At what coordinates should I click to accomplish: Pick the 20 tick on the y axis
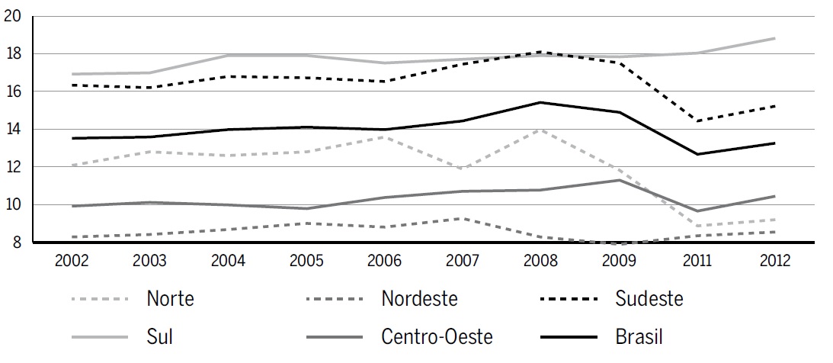(x=12, y=16)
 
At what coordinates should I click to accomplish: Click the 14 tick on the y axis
(x=12, y=129)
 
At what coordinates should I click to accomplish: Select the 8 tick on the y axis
(x=16, y=242)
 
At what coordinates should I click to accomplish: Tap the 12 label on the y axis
(x=12, y=166)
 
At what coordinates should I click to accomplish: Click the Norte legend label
(x=170, y=299)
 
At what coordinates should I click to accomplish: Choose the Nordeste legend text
(x=419, y=299)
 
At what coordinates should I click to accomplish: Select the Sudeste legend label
(x=649, y=299)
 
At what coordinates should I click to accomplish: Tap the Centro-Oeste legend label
(x=437, y=336)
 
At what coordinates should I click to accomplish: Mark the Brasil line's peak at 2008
(x=540, y=102)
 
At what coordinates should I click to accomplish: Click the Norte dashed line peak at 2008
(x=540, y=130)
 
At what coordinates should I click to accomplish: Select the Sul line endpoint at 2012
(x=775, y=38)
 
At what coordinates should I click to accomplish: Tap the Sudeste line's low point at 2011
(x=697, y=121)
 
